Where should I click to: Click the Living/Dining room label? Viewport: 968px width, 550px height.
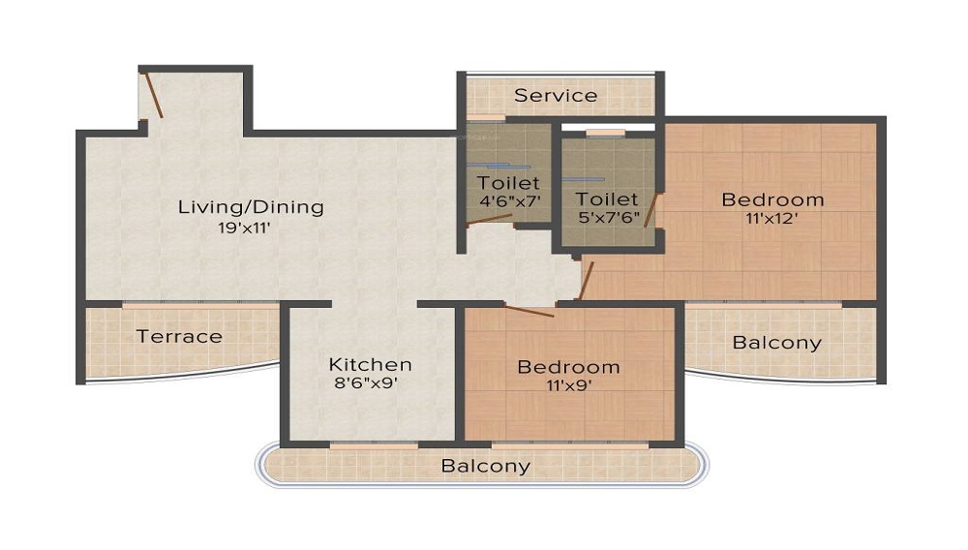click(x=250, y=207)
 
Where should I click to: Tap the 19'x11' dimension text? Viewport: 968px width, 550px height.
click(x=250, y=229)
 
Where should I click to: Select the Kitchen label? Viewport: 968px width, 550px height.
click(x=370, y=365)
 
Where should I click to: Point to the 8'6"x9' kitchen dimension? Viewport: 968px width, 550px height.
click(x=364, y=383)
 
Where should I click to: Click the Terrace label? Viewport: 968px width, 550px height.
click(x=179, y=337)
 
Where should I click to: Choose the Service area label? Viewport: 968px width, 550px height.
click(x=556, y=95)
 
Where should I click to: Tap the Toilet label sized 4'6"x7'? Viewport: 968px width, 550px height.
click(x=508, y=182)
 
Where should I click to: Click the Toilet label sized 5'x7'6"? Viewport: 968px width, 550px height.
click(x=607, y=199)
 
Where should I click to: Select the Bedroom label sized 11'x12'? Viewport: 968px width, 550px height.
click(x=773, y=199)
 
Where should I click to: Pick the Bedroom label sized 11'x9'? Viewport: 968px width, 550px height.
click(x=568, y=367)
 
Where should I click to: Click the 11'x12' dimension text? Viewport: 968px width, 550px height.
click(x=772, y=219)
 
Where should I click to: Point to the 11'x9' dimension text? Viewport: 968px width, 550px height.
click(x=568, y=385)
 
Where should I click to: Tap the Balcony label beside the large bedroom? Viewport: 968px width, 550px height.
click(x=776, y=343)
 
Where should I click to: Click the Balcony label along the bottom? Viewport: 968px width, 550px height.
click(x=486, y=466)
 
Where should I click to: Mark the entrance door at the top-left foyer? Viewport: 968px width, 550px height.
click(x=153, y=96)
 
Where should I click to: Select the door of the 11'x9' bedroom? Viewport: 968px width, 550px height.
click(x=529, y=312)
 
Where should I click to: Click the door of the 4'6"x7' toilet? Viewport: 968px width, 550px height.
click(x=490, y=222)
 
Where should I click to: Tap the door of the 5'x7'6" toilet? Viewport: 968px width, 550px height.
click(x=651, y=210)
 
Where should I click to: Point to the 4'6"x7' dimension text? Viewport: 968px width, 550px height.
click(x=508, y=201)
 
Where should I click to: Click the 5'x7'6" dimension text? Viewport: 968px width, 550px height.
click(x=607, y=219)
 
